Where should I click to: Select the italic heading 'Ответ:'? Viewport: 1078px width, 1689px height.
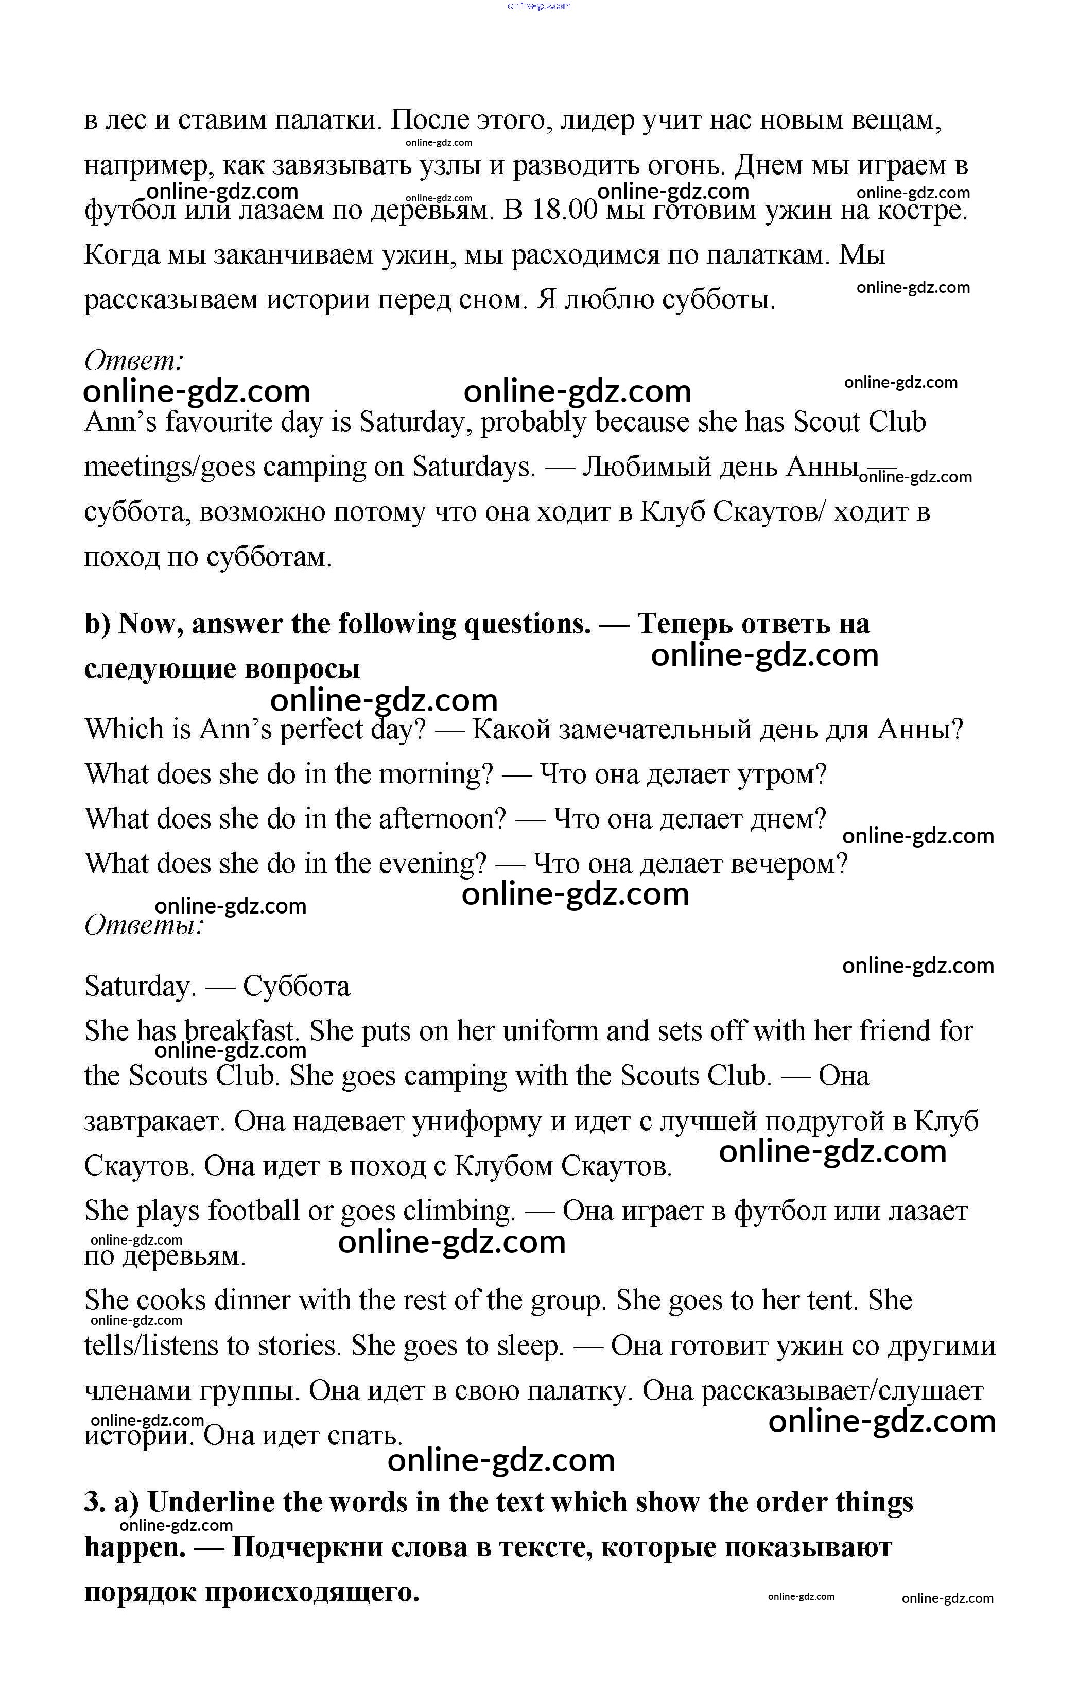coord(134,360)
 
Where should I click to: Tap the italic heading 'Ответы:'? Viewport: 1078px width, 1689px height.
coord(144,925)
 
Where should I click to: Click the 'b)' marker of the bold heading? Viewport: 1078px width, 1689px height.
coord(97,624)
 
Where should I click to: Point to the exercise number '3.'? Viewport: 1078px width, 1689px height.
coord(95,1503)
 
